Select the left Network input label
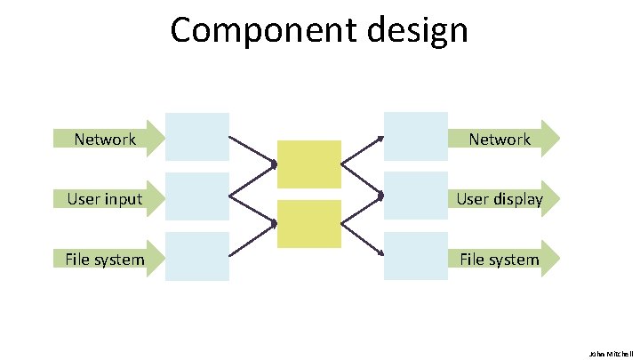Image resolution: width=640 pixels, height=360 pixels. pos(105,139)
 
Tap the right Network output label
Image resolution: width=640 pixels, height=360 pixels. pos(500,139)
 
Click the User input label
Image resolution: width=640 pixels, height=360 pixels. pos(105,198)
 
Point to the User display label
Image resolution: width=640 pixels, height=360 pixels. pos(500,198)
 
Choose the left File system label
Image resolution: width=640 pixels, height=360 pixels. pos(105,259)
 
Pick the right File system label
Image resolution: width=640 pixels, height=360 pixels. pos(500,259)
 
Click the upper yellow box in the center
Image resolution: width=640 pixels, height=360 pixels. pos(308,164)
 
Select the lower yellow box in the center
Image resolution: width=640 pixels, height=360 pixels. pos(308,224)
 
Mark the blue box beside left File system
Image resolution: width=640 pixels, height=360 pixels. pos(197,257)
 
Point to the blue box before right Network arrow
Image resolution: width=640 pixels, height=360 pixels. pos(415,136)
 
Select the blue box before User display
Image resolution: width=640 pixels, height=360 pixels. pos(415,196)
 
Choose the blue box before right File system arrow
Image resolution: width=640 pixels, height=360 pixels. pos(415,257)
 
